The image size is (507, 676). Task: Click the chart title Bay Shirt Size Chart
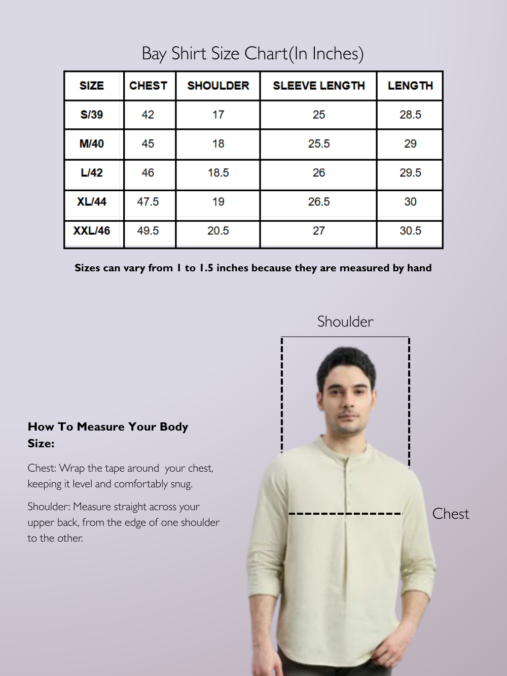pyautogui.click(x=252, y=54)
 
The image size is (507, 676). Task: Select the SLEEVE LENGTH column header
pyautogui.click(x=318, y=86)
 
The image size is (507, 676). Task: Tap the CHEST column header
pyautogui.click(x=148, y=86)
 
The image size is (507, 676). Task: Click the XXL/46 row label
pyautogui.click(x=92, y=231)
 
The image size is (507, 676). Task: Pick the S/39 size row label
pyautogui.click(x=92, y=115)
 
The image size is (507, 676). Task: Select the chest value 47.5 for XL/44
pyautogui.click(x=148, y=202)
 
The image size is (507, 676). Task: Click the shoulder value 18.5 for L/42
pyautogui.click(x=218, y=173)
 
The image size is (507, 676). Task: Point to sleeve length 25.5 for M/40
pyautogui.click(x=318, y=144)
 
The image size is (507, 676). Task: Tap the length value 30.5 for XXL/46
pyautogui.click(x=410, y=231)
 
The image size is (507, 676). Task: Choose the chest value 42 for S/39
pyautogui.click(x=148, y=115)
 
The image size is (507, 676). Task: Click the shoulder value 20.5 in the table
pyautogui.click(x=218, y=231)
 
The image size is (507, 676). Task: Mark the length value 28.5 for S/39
pyautogui.click(x=410, y=115)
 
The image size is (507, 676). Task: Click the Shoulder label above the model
pyautogui.click(x=345, y=322)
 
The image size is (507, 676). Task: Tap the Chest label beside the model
pyautogui.click(x=450, y=514)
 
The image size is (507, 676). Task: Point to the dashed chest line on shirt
pyautogui.click(x=345, y=514)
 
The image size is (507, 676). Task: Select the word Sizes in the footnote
pyautogui.click(x=87, y=268)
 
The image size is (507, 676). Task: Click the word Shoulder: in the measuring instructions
pyautogui.click(x=49, y=507)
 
